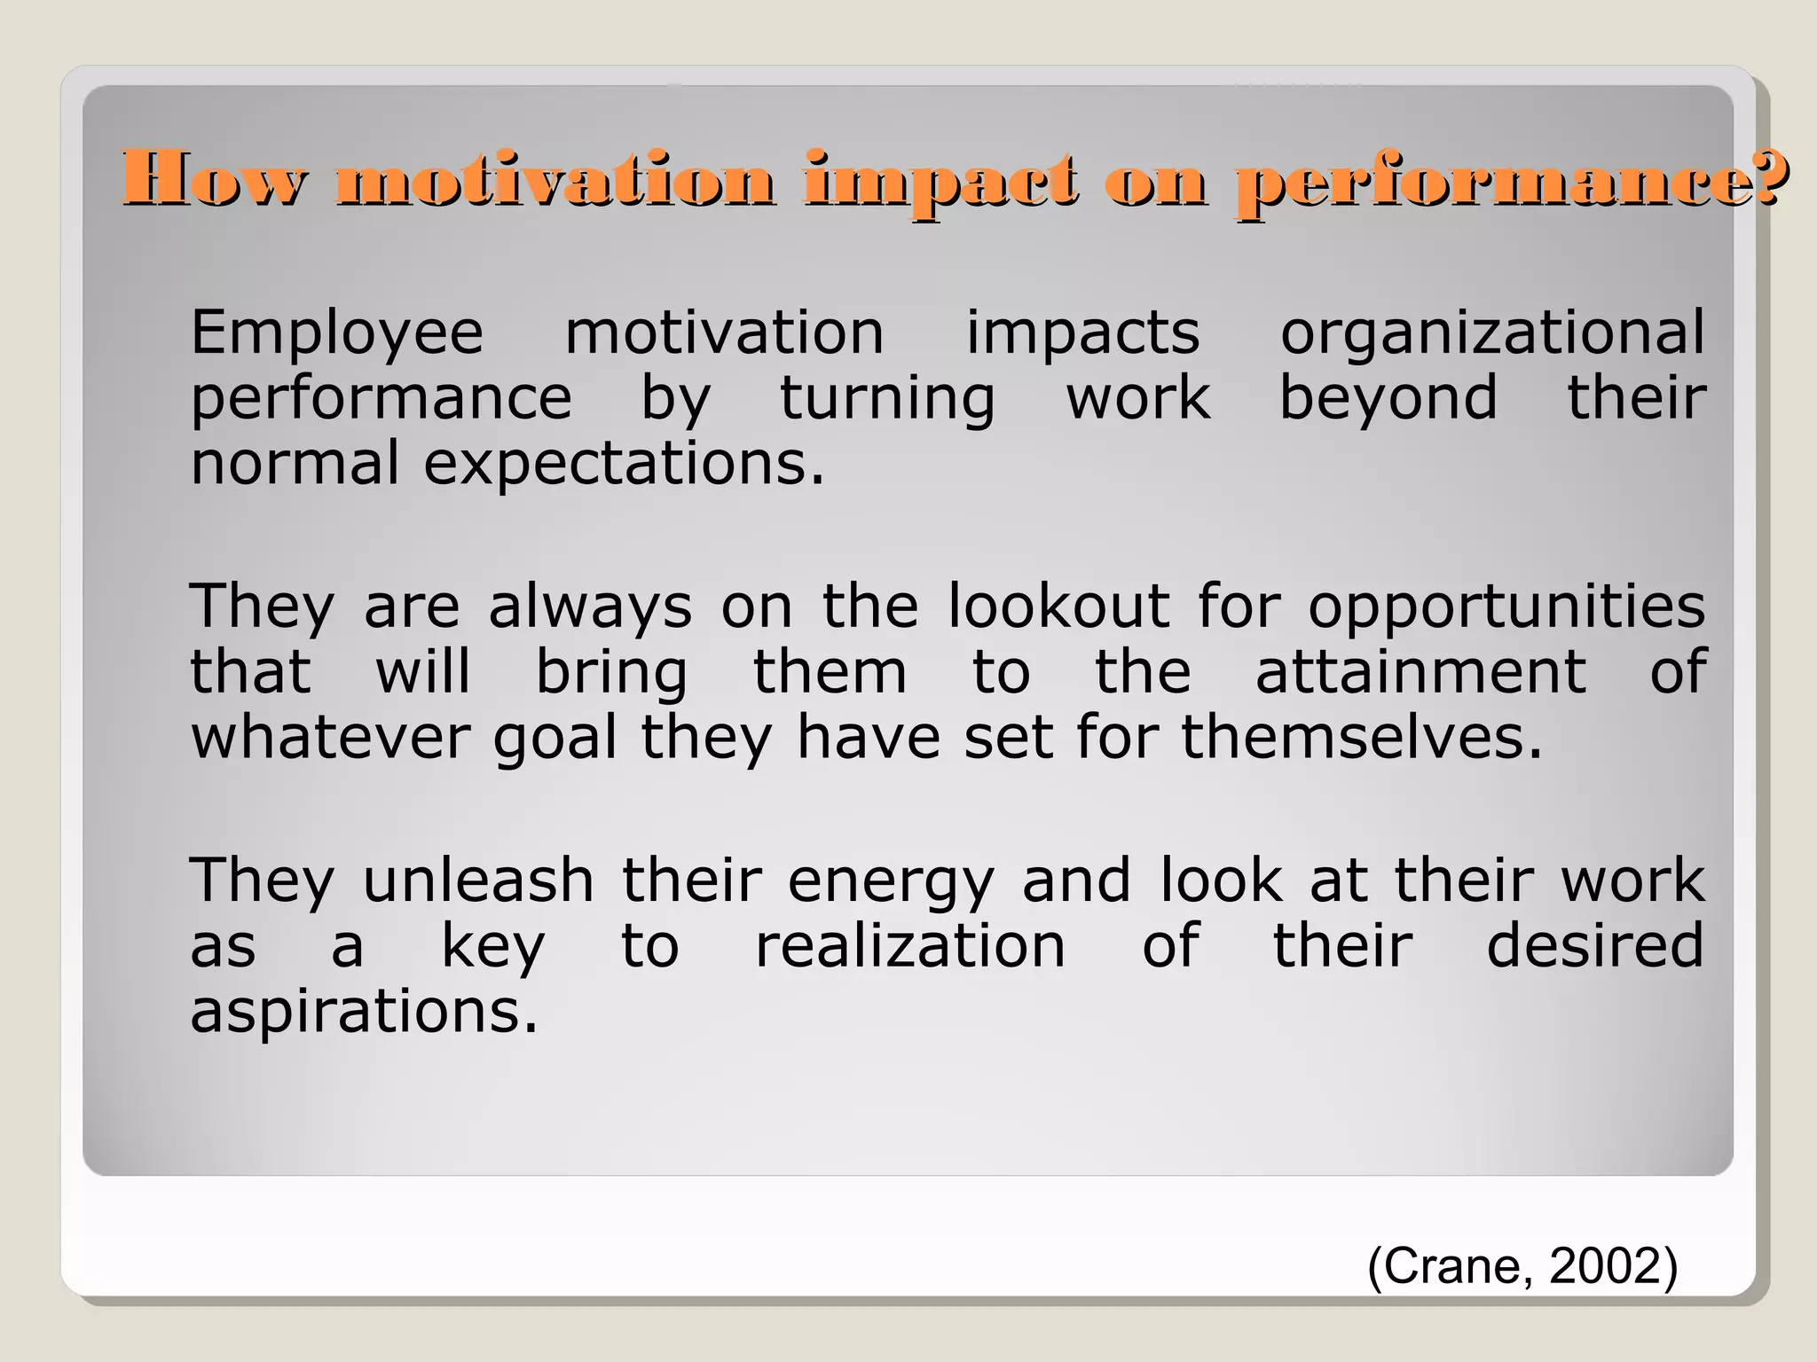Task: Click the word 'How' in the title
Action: click(x=216, y=179)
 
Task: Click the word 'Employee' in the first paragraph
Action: click(x=337, y=333)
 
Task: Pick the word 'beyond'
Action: click(x=1388, y=399)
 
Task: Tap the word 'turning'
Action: click(x=887, y=399)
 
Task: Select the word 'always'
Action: click(x=590, y=608)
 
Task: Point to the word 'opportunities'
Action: click(x=1506, y=608)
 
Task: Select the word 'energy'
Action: click(x=891, y=883)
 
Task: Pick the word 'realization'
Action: click(x=910, y=946)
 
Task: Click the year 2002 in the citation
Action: click(x=1604, y=1265)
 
